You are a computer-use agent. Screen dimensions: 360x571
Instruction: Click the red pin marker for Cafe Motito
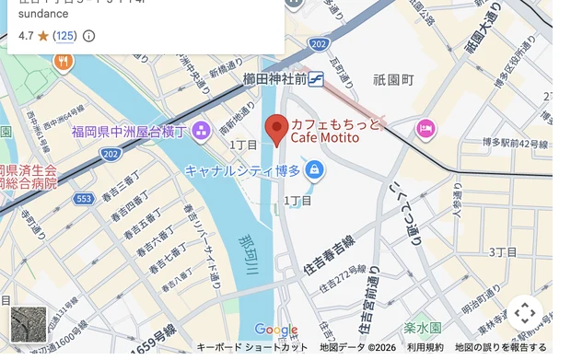click(277, 129)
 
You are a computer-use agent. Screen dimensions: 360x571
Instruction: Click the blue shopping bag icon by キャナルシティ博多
click(315, 169)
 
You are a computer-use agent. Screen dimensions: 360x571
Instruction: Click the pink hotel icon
click(425, 127)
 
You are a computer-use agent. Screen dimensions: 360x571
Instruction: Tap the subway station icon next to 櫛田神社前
click(317, 80)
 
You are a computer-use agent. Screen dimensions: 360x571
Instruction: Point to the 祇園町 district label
click(393, 80)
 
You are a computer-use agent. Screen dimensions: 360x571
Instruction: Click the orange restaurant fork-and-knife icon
click(63, 62)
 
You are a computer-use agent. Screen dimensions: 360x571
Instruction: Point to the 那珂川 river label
click(247, 254)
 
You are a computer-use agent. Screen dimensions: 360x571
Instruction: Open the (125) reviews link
click(64, 36)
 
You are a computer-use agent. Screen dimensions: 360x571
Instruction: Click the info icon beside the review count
click(89, 36)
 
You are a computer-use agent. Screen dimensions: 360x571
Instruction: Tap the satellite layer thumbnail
click(28, 324)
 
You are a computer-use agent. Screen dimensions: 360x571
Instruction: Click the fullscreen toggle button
click(525, 313)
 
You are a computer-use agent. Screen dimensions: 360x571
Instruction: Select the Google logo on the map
click(275, 330)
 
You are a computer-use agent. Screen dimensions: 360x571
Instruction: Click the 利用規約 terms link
click(425, 347)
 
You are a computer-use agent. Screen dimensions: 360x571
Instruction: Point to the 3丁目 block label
click(503, 251)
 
